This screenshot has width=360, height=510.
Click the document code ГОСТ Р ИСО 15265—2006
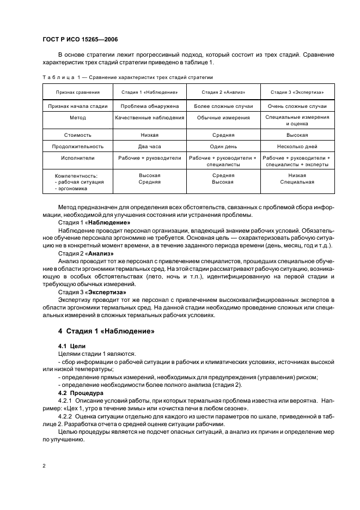(x=80, y=40)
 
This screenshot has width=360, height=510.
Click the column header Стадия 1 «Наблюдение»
(x=149, y=92)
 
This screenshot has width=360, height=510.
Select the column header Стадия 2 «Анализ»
(x=223, y=92)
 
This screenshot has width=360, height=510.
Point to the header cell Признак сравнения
(x=77, y=92)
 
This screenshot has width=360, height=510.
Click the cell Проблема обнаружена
(x=149, y=106)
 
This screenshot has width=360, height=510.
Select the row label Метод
(x=77, y=118)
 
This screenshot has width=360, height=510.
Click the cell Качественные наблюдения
(x=149, y=118)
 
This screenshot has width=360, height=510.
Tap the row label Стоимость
(x=77, y=135)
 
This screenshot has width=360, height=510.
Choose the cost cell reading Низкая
(x=149, y=135)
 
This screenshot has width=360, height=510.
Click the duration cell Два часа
(x=149, y=146)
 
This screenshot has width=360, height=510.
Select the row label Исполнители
(x=77, y=158)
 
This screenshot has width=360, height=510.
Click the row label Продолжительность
(x=77, y=146)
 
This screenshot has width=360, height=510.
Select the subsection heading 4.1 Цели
(x=70, y=346)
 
